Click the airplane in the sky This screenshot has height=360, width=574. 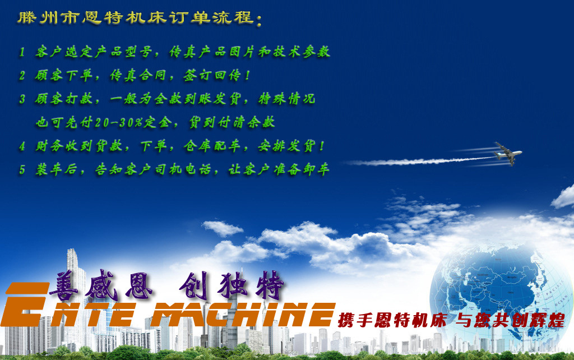[x=508, y=154]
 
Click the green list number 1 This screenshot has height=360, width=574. [x=22, y=52]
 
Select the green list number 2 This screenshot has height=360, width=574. [x=22, y=76]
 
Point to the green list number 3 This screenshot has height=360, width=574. [x=22, y=99]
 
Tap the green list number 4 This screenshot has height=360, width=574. [x=22, y=146]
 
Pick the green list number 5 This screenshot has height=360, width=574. [x=22, y=169]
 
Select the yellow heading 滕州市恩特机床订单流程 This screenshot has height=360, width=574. [x=136, y=17]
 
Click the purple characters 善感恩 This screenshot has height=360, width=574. [x=101, y=286]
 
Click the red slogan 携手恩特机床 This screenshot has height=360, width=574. [x=392, y=320]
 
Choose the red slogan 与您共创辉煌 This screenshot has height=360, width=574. [x=510, y=320]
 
